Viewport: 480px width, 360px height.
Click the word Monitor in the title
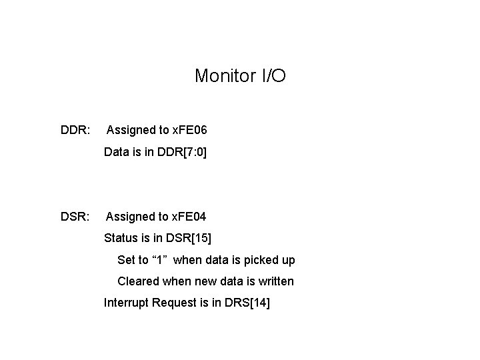pyautogui.click(x=225, y=76)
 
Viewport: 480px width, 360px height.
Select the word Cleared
pyautogui.click(x=138, y=281)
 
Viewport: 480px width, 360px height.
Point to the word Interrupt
pyautogui.click(x=126, y=303)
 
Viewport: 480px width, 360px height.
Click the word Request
pyautogui.click(x=174, y=303)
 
